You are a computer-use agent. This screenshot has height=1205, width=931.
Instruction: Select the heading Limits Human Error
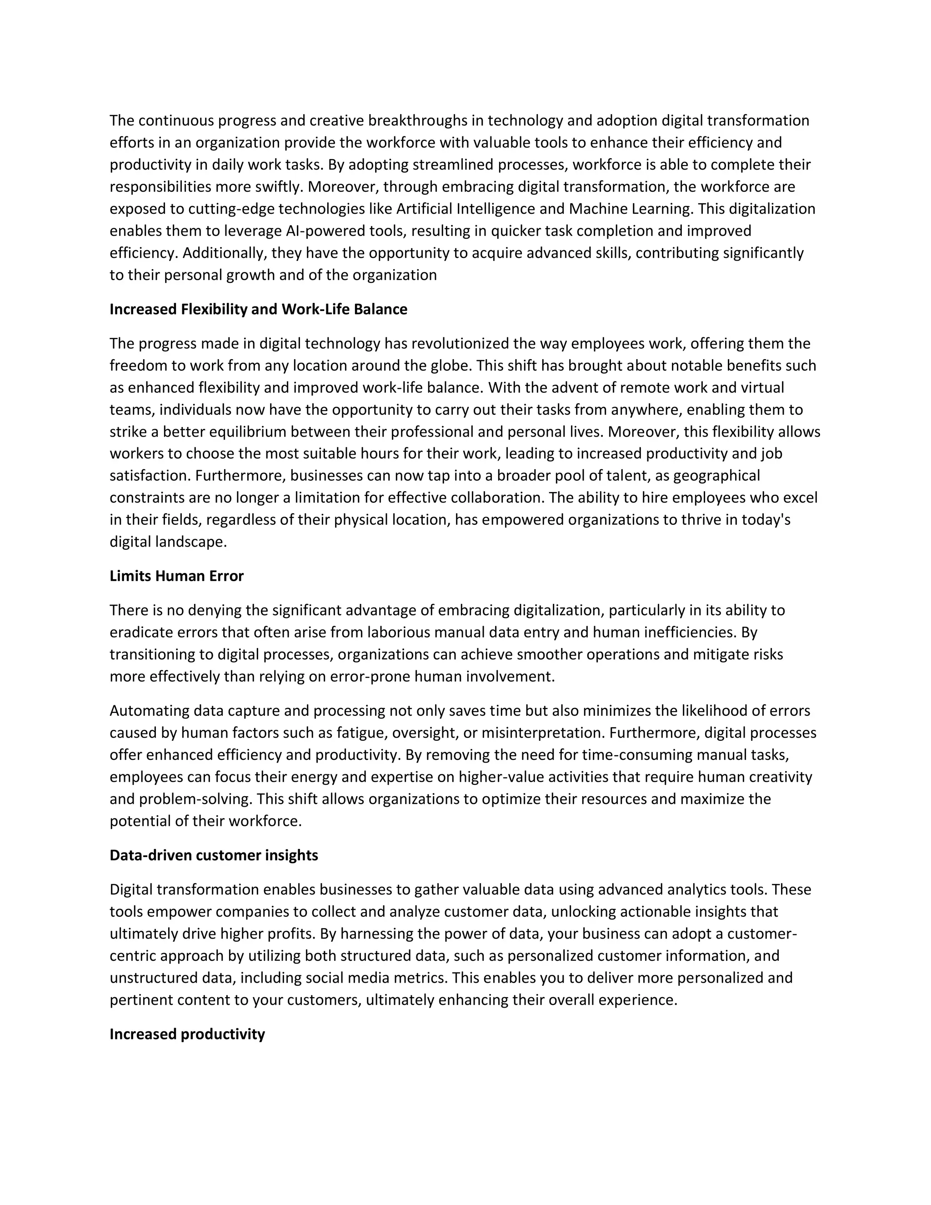pos(176,576)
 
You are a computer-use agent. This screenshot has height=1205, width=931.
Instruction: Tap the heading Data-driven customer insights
pos(214,855)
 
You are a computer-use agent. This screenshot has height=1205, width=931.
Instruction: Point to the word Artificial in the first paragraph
pos(424,209)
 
